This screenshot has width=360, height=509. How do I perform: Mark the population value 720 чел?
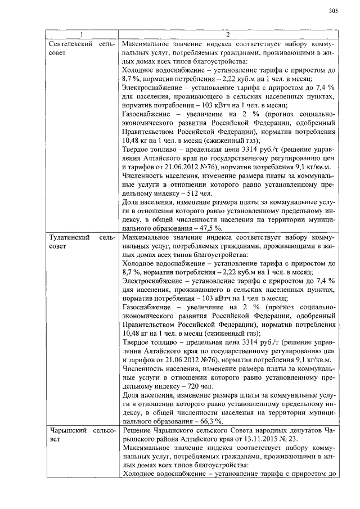pos(200,387)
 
